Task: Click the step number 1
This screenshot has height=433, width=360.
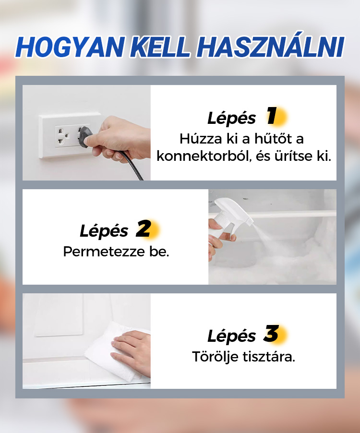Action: coord(272,116)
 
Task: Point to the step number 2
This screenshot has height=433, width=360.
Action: coord(144,229)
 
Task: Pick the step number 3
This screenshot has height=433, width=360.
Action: coord(271,334)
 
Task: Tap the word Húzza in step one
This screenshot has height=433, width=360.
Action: coord(201,139)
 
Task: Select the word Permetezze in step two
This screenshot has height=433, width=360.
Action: coord(104,252)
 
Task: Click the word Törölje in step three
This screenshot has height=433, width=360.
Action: coord(215,357)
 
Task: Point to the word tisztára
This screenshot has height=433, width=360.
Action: coord(269,357)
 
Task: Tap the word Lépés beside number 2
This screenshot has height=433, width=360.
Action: coord(104,231)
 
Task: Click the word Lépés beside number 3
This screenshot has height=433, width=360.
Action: coord(231,336)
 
